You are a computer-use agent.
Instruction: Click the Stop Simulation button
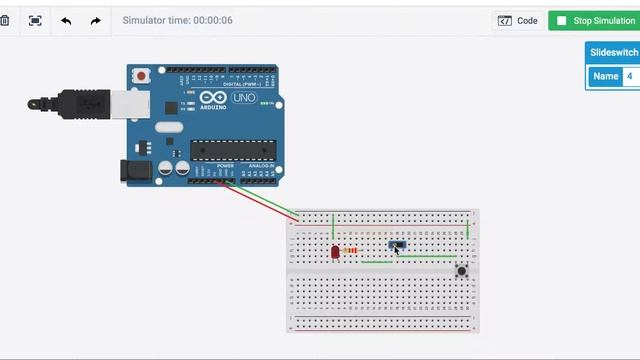[x=593, y=20]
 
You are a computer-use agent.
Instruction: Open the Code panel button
[x=518, y=20]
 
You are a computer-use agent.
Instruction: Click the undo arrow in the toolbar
[x=66, y=20]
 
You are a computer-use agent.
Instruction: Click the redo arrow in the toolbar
[x=95, y=20]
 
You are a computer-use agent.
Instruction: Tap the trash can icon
[x=5, y=20]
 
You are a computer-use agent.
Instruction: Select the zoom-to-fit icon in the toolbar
[x=35, y=20]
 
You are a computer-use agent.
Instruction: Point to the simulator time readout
[x=177, y=20]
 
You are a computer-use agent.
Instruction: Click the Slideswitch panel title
[x=613, y=52]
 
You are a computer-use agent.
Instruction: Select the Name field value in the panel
[x=630, y=76]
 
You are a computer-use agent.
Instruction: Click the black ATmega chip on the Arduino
[x=232, y=150]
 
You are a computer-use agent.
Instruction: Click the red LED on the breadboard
[x=335, y=252]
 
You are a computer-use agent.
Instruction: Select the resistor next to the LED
[x=349, y=250]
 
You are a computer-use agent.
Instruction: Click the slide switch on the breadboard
[x=396, y=244]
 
